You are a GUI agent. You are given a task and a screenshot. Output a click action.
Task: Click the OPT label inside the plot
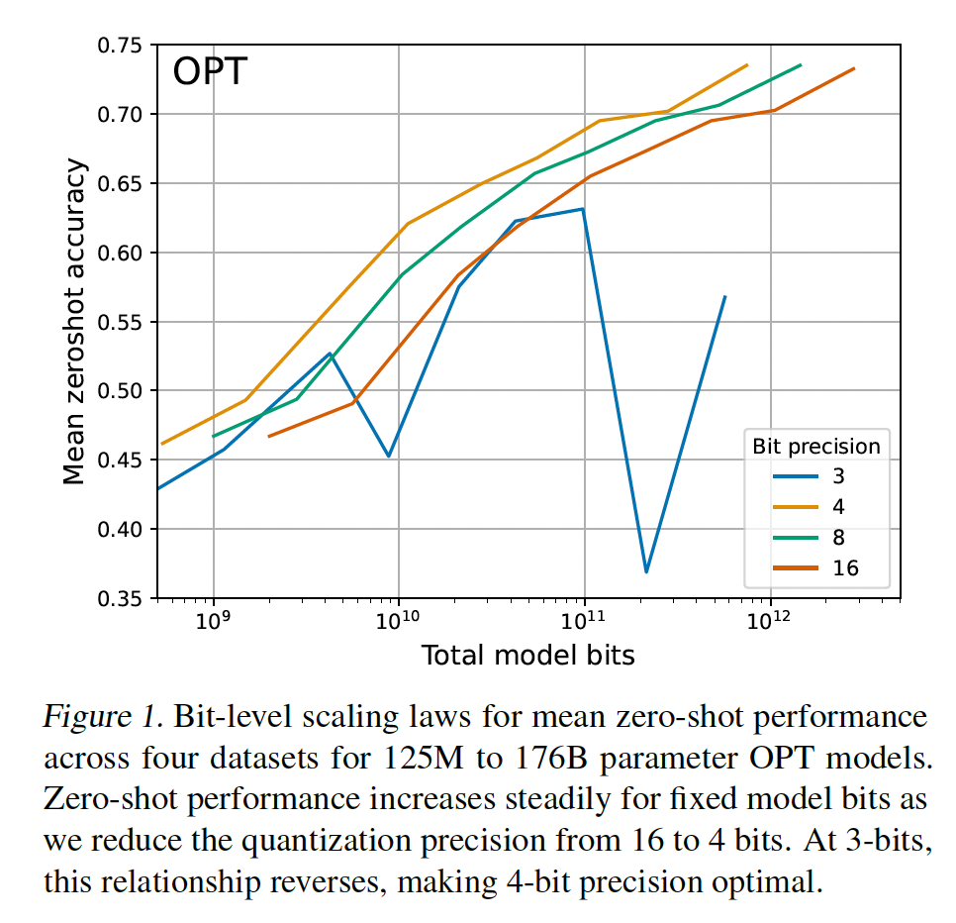point(209,72)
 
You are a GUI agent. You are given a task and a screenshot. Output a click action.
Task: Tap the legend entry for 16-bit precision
point(817,567)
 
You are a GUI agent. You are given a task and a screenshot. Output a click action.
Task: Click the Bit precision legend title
point(814,445)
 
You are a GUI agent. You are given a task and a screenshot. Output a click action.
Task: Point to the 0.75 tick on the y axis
point(119,46)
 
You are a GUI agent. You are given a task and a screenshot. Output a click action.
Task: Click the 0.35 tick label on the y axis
point(119,598)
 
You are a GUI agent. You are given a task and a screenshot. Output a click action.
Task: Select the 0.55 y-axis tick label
point(119,322)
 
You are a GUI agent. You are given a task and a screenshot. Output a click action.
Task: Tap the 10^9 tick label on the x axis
point(214,621)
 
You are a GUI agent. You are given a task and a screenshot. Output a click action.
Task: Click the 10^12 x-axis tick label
point(769,621)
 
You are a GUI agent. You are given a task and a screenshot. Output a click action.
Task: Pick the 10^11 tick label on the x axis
point(584,621)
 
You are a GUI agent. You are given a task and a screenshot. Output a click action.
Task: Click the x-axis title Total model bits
point(527,655)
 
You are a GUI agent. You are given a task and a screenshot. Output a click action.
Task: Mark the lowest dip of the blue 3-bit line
point(646,571)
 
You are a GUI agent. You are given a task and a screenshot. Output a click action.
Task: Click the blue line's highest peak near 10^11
point(583,209)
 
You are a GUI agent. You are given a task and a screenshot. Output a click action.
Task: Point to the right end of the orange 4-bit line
point(746,65)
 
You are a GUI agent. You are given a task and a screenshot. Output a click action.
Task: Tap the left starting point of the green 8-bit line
point(214,436)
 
